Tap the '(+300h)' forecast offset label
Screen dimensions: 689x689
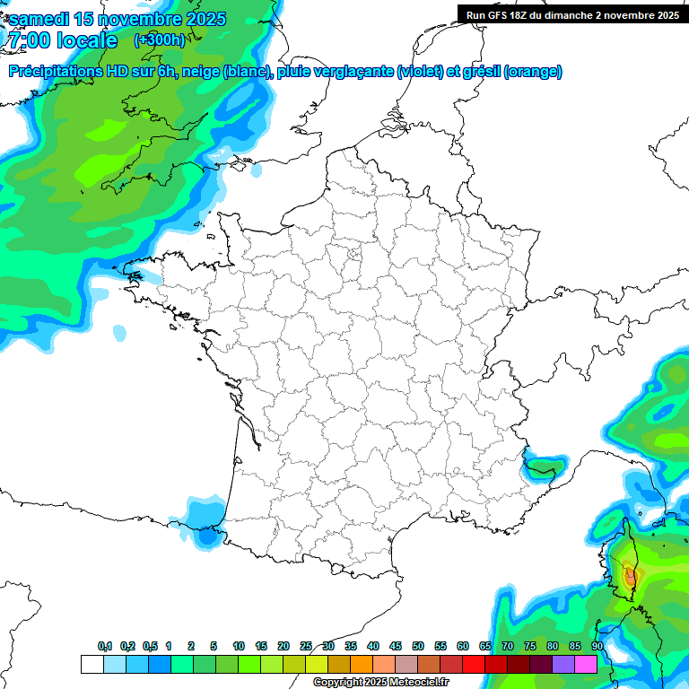pyautogui.click(x=159, y=40)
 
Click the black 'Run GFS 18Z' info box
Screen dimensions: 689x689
pyautogui.click(x=571, y=14)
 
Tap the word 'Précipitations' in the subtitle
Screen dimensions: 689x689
pyautogui.click(x=56, y=72)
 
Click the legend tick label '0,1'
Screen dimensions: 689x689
pyautogui.click(x=104, y=647)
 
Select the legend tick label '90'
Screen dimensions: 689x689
pyautogui.click(x=597, y=647)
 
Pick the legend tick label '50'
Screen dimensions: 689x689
pyautogui.click(x=418, y=647)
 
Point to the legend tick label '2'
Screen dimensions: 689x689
pyautogui.click(x=191, y=647)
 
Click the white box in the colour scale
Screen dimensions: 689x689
pyautogui.click(x=92, y=664)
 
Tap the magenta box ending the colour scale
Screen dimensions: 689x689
pyautogui.click(x=586, y=664)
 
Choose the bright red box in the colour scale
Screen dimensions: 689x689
pyautogui.click(x=474, y=664)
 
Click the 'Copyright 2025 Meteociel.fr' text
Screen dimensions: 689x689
pyautogui.click(x=380, y=683)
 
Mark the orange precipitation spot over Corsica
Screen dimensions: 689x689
pyautogui.click(x=630, y=575)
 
